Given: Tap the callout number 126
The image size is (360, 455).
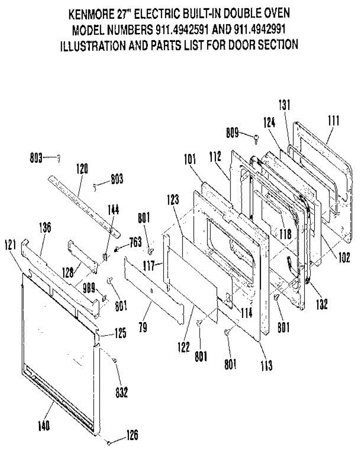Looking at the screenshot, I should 132,435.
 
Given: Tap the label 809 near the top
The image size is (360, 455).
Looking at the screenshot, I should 233,133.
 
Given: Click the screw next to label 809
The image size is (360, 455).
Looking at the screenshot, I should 257,138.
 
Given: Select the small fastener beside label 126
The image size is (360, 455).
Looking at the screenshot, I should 109,442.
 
